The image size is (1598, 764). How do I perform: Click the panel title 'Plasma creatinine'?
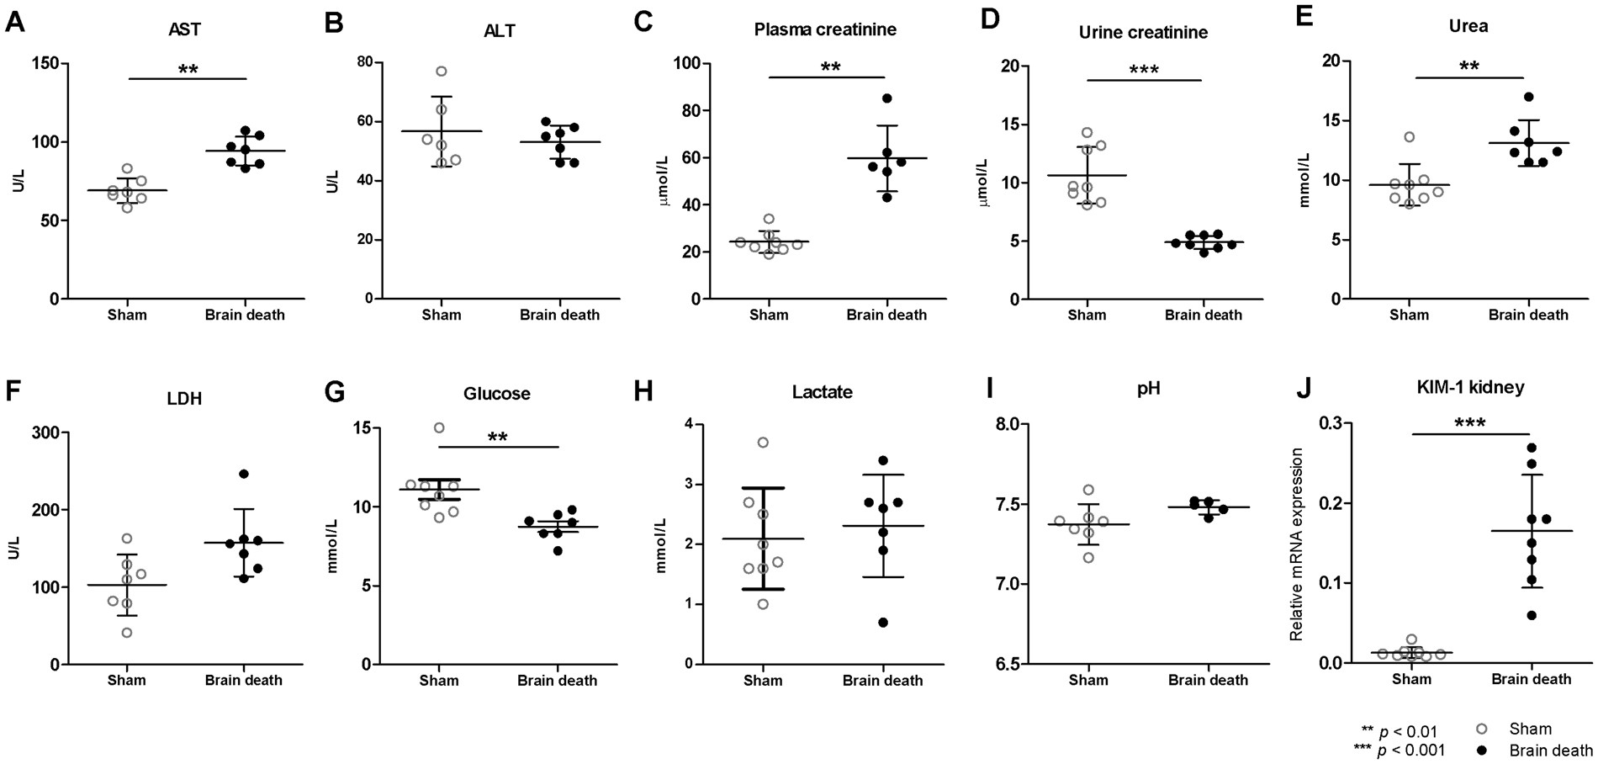pyautogui.click(x=824, y=30)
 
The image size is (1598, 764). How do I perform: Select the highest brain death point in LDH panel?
pyautogui.click(x=244, y=475)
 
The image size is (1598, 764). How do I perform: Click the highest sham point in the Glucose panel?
pyautogui.click(x=439, y=427)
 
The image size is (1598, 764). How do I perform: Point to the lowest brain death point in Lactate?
pyautogui.click(x=882, y=623)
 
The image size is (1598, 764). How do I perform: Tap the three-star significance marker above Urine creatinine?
pyautogui.click(x=1145, y=69)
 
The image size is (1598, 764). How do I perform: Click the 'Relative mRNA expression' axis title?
pyautogui.click(x=1296, y=544)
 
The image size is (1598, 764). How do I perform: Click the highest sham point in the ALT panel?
pyautogui.click(x=442, y=72)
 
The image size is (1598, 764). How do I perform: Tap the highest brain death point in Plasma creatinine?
pyautogui.click(x=886, y=98)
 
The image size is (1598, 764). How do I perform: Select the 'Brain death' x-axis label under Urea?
pyautogui.click(x=1528, y=316)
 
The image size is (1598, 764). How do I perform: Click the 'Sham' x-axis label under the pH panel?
pyautogui.click(x=1087, y=680)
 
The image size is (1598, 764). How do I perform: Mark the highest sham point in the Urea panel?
pyautogui.click(x=1409, y=136)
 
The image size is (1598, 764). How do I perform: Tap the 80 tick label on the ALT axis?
pyautogui.click(x=364, y=63)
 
